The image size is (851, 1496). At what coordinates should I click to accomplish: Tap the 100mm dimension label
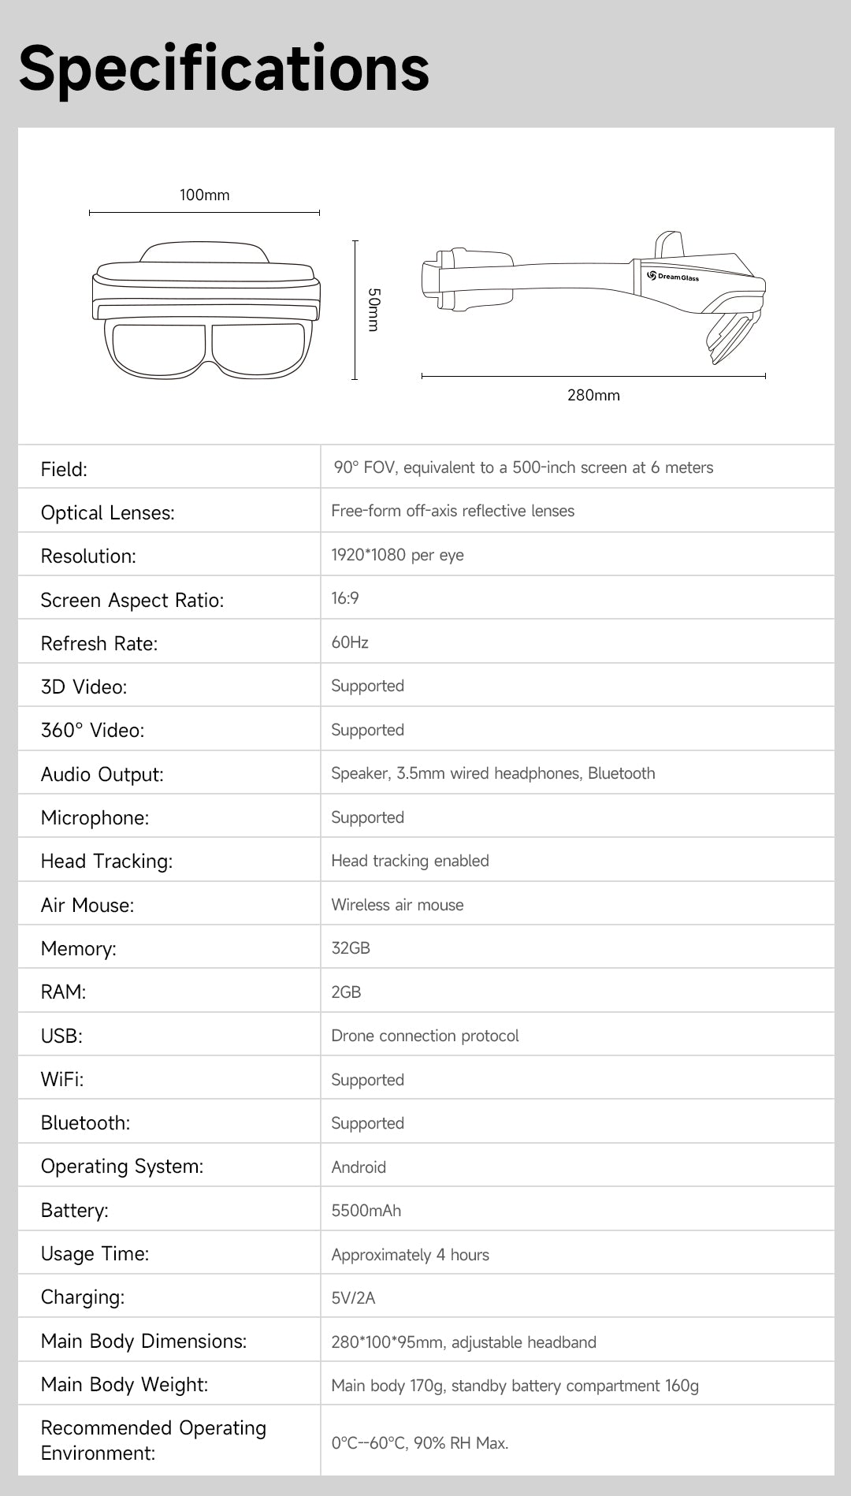click(x=204, y=195)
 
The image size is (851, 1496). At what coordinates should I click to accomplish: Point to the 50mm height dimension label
click(x=374, y=310)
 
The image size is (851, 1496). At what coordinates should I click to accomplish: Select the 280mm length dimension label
click(x=593, y=396)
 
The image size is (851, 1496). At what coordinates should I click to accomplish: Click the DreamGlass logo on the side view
click(x=673, y=277)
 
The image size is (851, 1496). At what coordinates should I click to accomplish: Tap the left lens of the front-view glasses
click(x=158, y=348)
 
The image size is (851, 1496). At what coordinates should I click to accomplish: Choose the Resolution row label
click(x=88, y=556)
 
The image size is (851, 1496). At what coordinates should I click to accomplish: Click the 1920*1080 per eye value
click(x=397, y=555)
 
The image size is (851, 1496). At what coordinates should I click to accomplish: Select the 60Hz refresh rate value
click(x=350, y=642)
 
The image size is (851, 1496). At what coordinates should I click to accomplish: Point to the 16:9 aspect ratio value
click(x=345, y=599)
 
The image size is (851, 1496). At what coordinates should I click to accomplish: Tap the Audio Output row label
click(x=102, y=775)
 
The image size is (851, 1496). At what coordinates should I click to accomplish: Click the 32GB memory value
click(x=351, y=948)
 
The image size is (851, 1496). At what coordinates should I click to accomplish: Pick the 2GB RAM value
click(x=346, y=992)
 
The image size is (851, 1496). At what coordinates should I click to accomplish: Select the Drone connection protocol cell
click(x=425, y=1036)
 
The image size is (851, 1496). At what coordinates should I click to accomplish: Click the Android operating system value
click(x=359, y=1167)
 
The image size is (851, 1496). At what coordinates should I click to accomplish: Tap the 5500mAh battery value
click(x=366, y=1211)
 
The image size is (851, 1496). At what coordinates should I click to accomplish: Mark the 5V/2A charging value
click(x=353, y=1298)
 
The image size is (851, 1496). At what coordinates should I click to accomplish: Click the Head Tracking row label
click(x=106, y=862)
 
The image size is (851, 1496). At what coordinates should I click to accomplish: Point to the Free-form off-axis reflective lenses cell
click(x=452, y=511)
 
